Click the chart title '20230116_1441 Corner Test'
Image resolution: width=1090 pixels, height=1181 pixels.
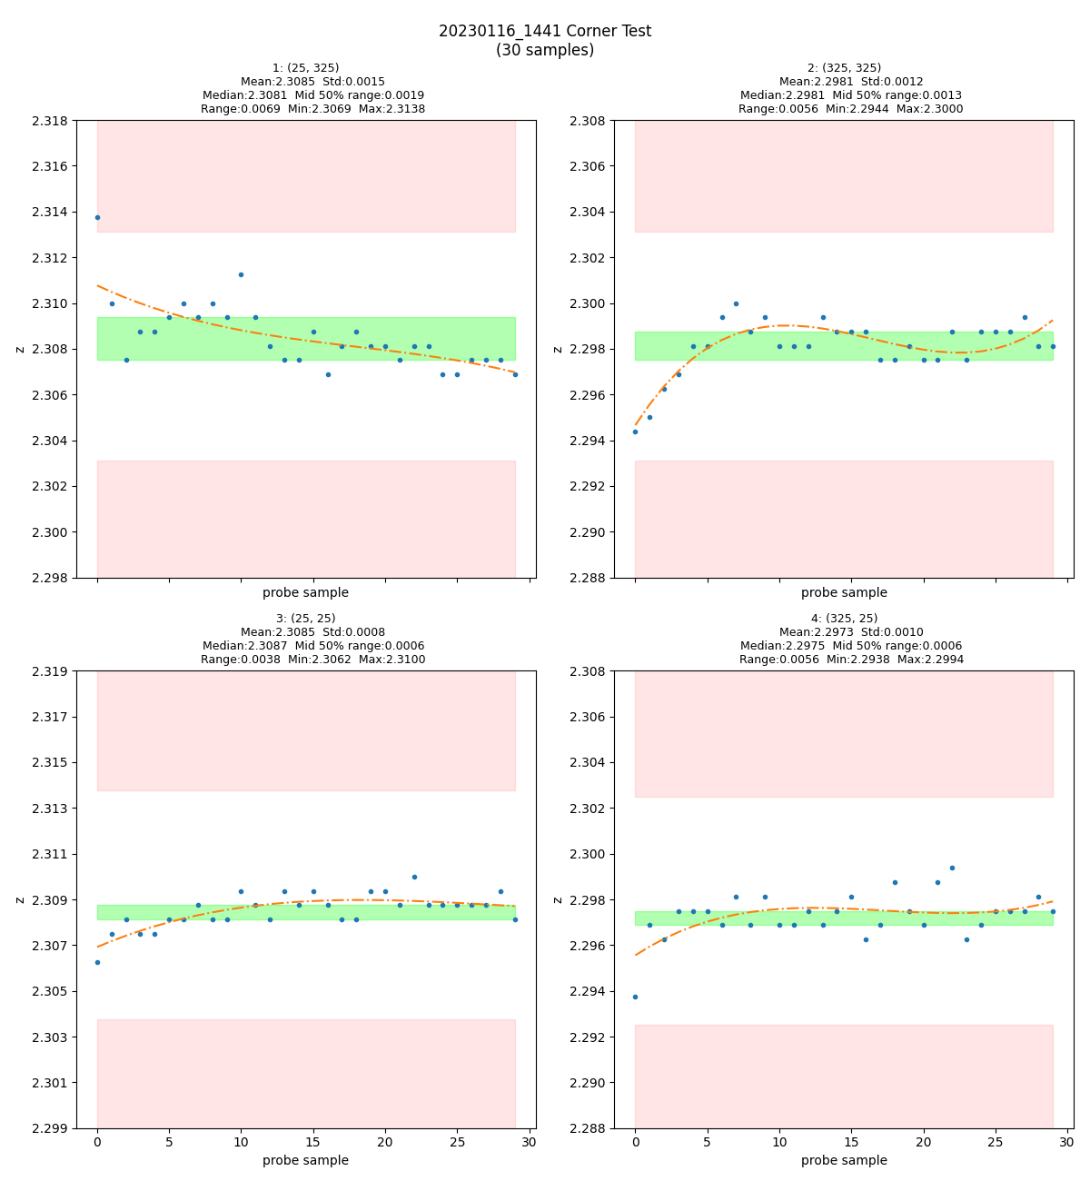[x=545, y=31]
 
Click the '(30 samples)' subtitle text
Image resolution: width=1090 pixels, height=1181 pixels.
[x=545, y=50]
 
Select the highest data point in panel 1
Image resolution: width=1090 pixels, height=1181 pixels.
[x=97, y=217]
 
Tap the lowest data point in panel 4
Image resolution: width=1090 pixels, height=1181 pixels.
[x=635, y=997]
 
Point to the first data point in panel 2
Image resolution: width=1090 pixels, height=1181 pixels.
[x=635, y=432]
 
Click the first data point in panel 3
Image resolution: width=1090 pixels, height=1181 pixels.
[x=97, y=962]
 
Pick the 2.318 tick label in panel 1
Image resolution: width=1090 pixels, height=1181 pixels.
[x=51, y=121]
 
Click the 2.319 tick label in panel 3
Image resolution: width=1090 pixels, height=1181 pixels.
[x=51, y=671]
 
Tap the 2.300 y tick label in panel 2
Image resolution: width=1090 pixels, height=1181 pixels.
[x=589, y=303]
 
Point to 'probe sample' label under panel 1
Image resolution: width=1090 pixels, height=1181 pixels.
[x=305, y=593]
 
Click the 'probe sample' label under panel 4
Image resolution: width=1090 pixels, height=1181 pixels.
[x=844, y=1160]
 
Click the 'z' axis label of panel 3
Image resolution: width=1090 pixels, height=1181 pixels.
[x=20, y=899]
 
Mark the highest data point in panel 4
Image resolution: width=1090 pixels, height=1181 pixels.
[x=952, y=868]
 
